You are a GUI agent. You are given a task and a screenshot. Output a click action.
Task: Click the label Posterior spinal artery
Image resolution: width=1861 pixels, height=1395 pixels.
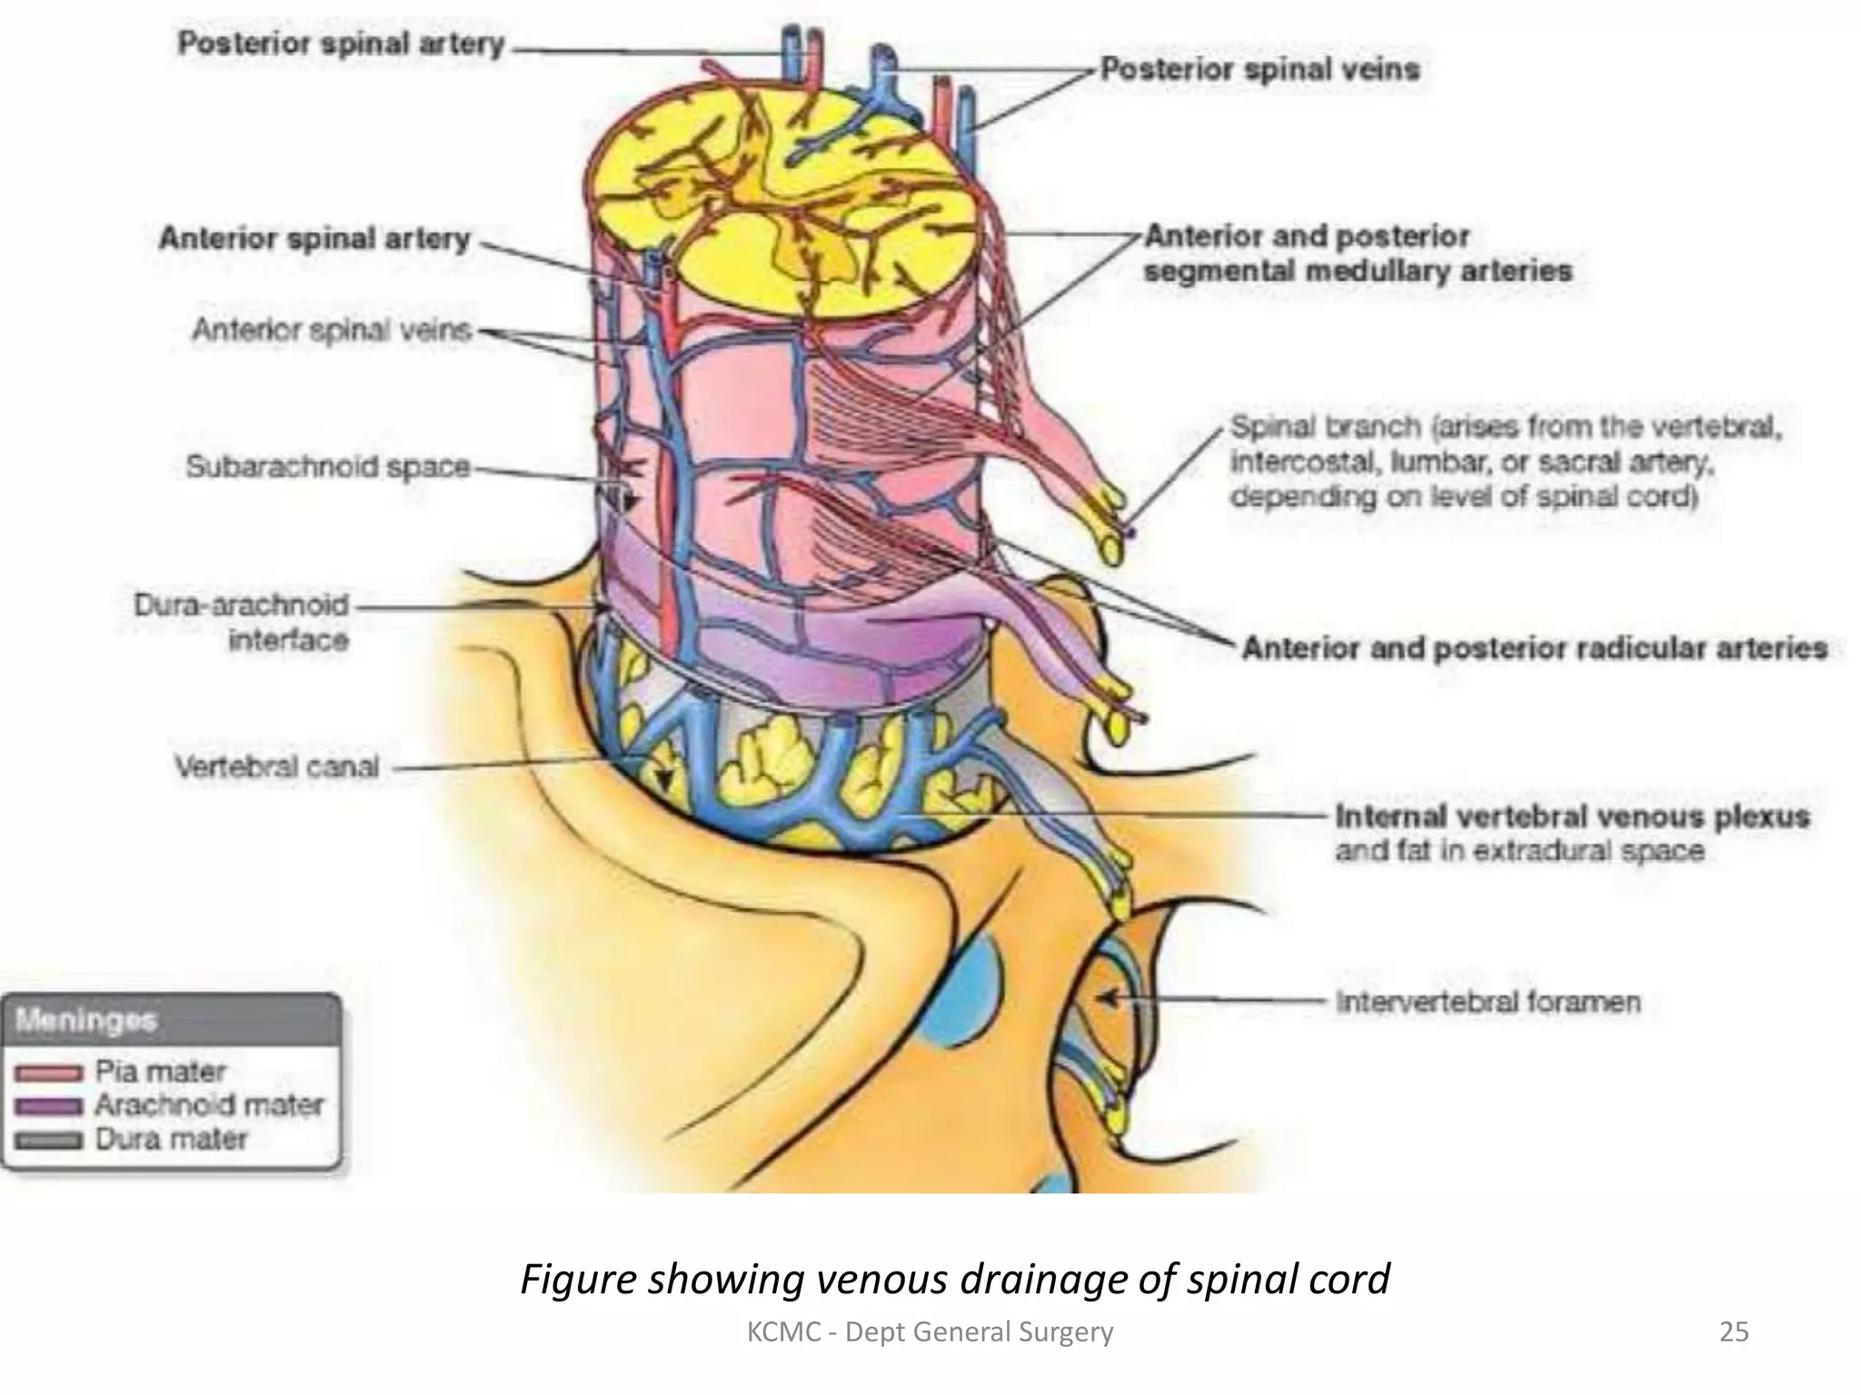point(340,44)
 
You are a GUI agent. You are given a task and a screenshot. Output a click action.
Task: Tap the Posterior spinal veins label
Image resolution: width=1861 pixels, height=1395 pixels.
point(1259,69)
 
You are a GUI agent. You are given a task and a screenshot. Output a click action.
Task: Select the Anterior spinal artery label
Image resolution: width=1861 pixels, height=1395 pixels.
point(314,238)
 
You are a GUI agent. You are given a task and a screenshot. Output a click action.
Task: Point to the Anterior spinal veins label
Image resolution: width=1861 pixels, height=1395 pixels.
point(331,330)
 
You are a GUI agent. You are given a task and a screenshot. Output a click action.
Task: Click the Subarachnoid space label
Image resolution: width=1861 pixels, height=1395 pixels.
point(327,466)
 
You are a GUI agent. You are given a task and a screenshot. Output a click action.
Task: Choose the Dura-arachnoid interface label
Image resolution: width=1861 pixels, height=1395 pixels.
point(242,622)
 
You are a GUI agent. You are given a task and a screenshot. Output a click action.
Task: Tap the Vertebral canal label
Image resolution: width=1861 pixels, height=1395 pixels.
point(276,767)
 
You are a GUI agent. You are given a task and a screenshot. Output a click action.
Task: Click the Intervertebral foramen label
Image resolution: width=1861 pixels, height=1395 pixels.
point(1488,1002)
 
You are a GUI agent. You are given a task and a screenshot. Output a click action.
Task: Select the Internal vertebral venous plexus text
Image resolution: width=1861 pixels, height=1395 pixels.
point(1572,816)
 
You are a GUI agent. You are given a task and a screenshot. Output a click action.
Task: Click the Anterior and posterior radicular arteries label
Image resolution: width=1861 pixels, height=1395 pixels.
point(1534,648)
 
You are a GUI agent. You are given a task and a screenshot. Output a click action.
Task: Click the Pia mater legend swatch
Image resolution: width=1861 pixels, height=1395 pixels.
point(48,1073)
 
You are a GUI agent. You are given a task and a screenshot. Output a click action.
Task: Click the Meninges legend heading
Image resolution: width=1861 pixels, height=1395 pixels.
point(86,1020)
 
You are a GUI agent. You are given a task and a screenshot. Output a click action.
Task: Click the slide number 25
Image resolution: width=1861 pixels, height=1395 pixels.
point(1734,1331)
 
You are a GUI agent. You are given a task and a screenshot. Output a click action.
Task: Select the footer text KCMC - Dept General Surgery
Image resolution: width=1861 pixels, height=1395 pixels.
point(930,1331)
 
